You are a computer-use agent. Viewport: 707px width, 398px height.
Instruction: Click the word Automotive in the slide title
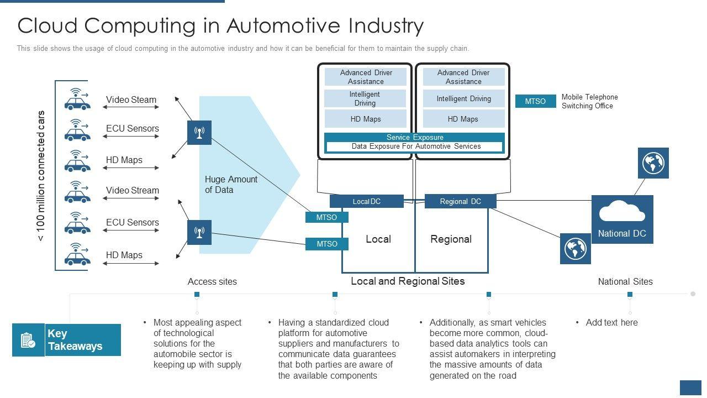click(x=283, y=25)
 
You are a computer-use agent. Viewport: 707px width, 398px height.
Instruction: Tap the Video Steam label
click(x=131, y=100)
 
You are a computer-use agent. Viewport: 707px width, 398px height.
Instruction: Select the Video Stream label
click(x=132, y=191)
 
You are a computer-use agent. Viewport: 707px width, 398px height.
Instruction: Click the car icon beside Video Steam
click(x=76, y=99)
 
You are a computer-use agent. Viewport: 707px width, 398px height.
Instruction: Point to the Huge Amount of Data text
click(x=231, y=185)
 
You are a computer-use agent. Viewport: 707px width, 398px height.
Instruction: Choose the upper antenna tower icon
click(x=199, y=133)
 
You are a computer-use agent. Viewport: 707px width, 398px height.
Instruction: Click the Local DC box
click(x=367, y=202)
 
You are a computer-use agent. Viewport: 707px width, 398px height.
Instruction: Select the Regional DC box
click(x=460, y=202)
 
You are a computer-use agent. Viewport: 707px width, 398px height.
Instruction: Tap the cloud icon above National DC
click(x=622, y=211)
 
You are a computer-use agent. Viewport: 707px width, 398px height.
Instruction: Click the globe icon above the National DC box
click(x=653, y=163)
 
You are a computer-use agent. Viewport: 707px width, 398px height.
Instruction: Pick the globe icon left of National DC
click(x=575, y=249)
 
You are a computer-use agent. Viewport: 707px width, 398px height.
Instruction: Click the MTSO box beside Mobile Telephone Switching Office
click(x=535, y=101)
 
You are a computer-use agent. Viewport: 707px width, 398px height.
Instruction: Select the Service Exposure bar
click(x=414, y=137)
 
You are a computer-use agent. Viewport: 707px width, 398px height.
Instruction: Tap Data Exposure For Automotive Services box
click(x=415, y=146)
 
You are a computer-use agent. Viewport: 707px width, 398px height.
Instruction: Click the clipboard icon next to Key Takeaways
click(x=28, y=340)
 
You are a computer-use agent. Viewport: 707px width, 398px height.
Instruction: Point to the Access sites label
click(x=212, y=282)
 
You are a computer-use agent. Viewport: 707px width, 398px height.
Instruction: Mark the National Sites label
click(x=625, y=282)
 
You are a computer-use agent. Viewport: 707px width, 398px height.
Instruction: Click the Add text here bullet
click(x=611, y=323)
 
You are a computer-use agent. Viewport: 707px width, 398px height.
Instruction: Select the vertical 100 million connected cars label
click(x=41, y=176)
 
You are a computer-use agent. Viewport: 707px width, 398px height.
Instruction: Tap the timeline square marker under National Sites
click(x=630, y=295)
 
